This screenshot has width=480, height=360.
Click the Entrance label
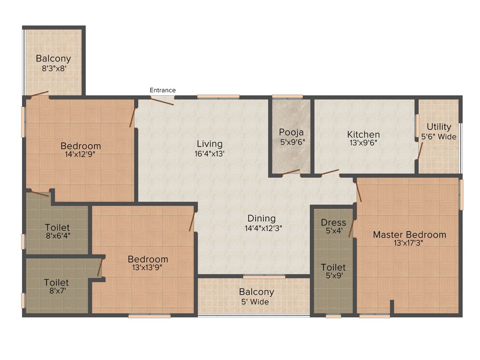[163, 90]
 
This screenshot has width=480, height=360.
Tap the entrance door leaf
[163, 101]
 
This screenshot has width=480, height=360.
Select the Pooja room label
[292, 132]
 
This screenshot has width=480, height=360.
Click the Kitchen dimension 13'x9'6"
[363, 142]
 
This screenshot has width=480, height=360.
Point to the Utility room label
[439, 127]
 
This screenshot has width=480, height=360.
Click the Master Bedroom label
[409, 234]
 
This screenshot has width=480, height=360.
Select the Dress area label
[333, 222]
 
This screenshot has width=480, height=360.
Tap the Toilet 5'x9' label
[333, 267]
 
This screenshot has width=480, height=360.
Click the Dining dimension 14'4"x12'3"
[262, 228]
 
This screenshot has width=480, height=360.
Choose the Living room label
[210, 143]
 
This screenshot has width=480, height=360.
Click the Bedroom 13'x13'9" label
[148, 259]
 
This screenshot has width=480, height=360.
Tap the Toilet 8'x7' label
[56, 283]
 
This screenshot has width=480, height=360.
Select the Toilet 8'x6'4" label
[58, 227]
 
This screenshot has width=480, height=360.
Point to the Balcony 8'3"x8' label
[53, 59]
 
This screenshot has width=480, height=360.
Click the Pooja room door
[291, 172]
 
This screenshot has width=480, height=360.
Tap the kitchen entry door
[330, 172]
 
